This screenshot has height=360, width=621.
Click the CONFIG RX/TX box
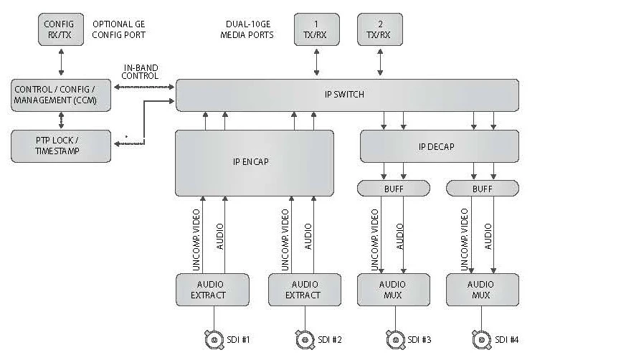click(60, 29)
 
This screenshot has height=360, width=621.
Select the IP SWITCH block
click(348, 95)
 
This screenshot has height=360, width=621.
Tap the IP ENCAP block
click(255, 162)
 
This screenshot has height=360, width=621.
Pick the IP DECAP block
click(439, 146)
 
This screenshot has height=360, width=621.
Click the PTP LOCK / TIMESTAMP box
click(61, 146)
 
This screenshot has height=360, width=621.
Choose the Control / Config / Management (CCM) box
click(61, 95)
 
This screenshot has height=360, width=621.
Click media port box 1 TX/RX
click(316, 29)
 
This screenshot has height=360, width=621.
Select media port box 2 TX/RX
click(379, 29)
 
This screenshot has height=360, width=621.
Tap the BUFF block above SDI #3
click(393, 188)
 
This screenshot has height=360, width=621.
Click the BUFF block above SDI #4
click(482, 188)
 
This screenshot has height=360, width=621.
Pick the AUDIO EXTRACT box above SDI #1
click(212, 289)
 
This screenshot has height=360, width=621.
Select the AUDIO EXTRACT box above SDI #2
click(305, 289)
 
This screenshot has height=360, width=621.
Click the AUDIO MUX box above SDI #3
click(393, 289)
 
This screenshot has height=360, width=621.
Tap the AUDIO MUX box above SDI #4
click(482, 289)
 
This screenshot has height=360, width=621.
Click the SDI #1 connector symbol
click(212, 338)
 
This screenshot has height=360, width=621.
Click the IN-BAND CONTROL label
click(140, 72)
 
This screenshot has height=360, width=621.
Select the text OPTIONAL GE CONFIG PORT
click(119, 29)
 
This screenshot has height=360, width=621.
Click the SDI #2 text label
click(330, 339)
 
